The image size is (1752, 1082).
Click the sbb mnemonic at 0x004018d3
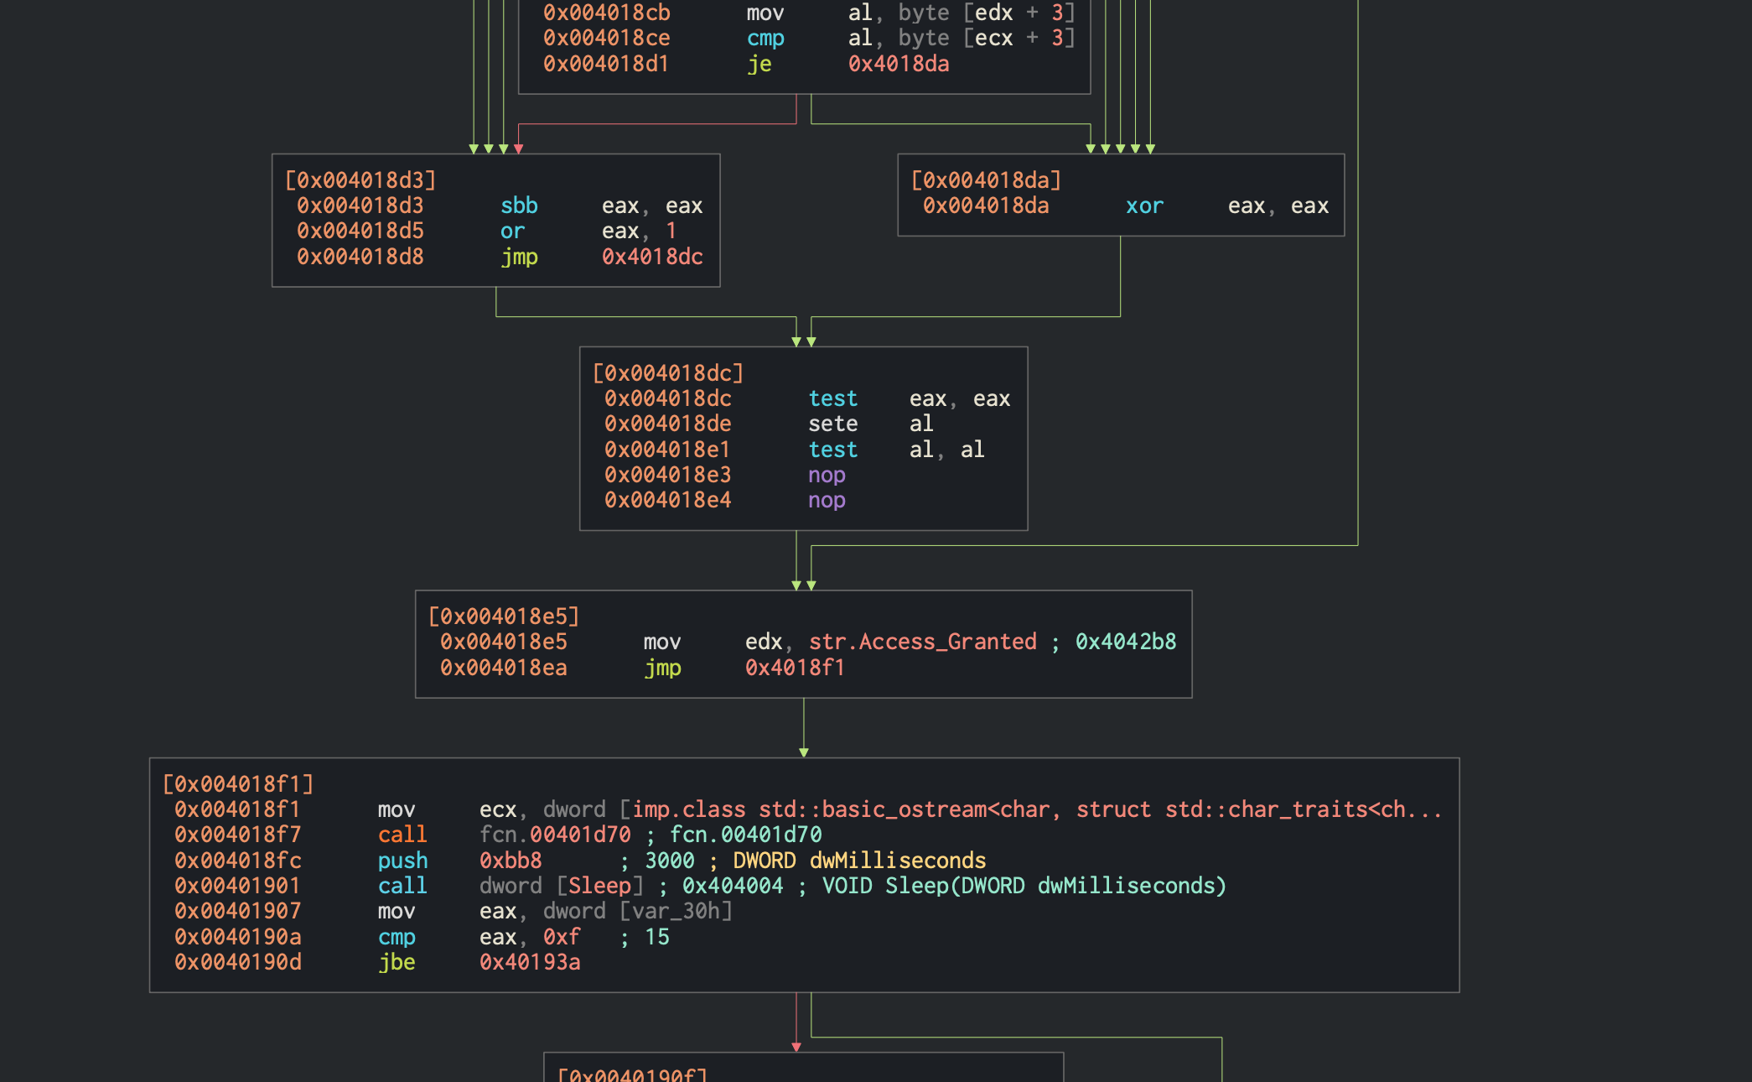519,205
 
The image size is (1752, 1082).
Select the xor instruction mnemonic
1144,205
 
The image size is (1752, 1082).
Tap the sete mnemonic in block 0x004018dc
832,424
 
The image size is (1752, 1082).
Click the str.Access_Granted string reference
922,642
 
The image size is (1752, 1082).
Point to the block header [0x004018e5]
504,616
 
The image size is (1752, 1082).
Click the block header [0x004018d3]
360,180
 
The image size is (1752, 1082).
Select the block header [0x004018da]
986,180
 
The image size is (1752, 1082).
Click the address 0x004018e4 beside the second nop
667,500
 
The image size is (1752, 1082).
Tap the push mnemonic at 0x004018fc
402,861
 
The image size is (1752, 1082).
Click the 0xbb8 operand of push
511,861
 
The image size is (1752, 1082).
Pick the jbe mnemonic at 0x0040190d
397,962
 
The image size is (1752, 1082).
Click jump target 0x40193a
530,962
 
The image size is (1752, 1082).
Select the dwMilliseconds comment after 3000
898,861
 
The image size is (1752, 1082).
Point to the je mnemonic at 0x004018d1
759,64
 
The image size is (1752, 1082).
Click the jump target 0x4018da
899,64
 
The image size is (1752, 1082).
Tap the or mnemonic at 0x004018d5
512,231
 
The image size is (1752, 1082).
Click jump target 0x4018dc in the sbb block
652,257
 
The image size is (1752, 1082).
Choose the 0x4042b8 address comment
1126,642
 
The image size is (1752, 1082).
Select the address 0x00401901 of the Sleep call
237,886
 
